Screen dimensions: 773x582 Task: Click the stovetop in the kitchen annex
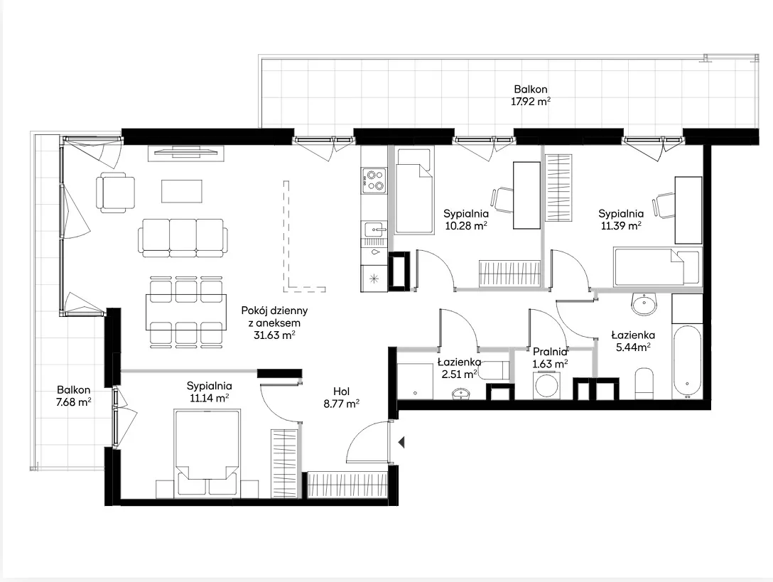coord(374,180)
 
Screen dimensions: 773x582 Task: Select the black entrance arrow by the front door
coord(401,442)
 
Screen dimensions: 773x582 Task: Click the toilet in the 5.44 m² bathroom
coord(644,383)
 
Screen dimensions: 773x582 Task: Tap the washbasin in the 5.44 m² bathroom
coord(644,304)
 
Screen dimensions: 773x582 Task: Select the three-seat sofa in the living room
coord(183,237)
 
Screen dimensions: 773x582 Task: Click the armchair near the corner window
coord(115,193)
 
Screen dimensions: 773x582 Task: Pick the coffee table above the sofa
coord(181,191)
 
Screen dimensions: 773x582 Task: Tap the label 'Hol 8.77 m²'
coord(341,397)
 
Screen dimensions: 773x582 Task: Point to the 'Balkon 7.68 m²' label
coord(73,396)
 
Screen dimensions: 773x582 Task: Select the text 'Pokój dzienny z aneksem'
coord(274,317)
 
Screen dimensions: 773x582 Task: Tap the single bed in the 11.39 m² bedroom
coord(656,266)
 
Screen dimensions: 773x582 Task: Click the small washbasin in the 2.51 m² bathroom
coord(461,393)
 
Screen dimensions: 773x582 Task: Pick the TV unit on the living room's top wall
coord(186,153)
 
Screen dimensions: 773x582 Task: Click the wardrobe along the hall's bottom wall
coord(347,485)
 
